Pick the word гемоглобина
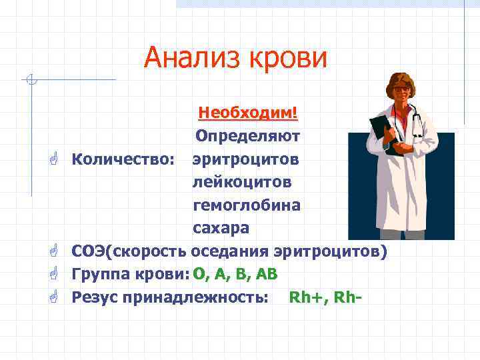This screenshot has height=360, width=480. click(247, 205)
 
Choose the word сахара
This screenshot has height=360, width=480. click(221, 228)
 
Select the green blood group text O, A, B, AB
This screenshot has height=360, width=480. click(235, 275)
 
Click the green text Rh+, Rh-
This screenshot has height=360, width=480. click(325, 297)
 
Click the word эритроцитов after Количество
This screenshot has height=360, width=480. click(246, 160)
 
